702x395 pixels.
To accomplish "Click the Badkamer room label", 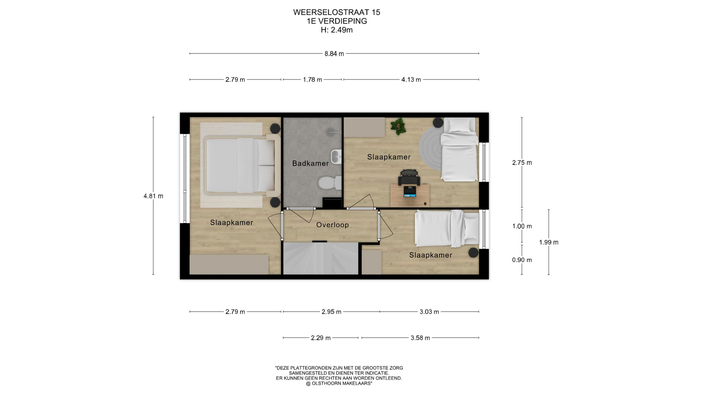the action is tap(310, 163).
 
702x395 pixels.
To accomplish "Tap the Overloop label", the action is tap(332, 225).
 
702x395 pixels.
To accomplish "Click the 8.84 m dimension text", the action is tap(334, 54).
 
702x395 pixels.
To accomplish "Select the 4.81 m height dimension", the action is tap(153, 196).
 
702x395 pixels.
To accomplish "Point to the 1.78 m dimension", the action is tap(312, 80).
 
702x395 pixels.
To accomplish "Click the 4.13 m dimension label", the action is tap(411, 80).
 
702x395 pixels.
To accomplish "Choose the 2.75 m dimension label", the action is tap(522, 163).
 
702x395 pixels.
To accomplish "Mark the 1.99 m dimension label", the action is tap(548, 242).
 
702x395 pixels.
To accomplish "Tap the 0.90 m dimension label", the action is tap(522, 260).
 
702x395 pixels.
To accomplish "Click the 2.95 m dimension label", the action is tap(331, 312).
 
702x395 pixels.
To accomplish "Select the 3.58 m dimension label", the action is tap(420, 338).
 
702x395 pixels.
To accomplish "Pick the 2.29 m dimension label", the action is tap(321, 338).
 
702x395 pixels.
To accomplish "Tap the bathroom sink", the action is tap(336, 157).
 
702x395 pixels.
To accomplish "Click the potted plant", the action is tap(398, 126).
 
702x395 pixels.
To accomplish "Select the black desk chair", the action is tap(409, 178).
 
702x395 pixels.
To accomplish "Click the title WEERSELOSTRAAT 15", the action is tap(336, 12).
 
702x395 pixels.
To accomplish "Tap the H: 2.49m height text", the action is tap(336, 30).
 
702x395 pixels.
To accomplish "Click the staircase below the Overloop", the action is tap(321, 258).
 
